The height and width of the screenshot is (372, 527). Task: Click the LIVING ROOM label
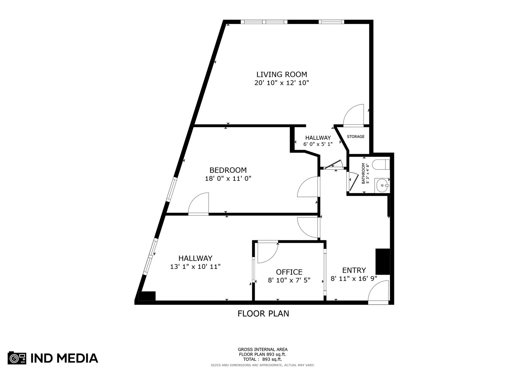pos(282,75)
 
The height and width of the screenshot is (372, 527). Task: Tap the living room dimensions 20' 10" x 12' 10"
pos(282,83)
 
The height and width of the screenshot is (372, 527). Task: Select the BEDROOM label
pos(228,170)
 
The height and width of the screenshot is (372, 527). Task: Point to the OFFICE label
pos(289,272)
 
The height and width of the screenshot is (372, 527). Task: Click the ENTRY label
pos(354,270)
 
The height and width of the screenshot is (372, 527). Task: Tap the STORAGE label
pos(356,137)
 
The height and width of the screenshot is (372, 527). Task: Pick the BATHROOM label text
pos(363,174)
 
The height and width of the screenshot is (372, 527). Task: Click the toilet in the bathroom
pos(381,165)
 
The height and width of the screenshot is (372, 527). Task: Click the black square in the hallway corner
pos(147,296)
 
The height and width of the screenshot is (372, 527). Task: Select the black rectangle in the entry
pos(383,261)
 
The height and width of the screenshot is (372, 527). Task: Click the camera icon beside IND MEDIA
pos(17,358)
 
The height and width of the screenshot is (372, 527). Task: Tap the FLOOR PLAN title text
pos(263,314)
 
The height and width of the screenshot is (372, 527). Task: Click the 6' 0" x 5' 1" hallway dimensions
pos(318,144)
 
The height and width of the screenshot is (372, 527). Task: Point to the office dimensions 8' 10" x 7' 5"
pos(289,280)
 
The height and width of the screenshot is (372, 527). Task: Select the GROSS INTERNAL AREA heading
pos(263,349)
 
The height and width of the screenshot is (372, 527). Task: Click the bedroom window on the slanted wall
pos(171,190)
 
